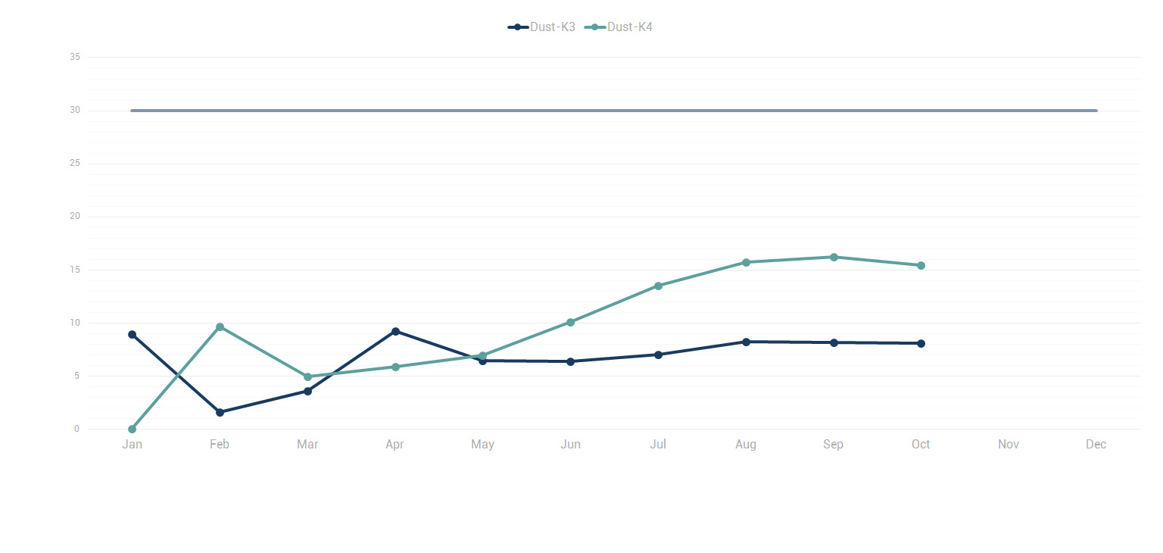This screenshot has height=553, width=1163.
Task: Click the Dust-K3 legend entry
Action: coord(541,27)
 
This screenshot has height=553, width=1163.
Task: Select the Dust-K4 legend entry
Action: coord(619,27)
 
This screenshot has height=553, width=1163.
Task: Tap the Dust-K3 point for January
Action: coord(133,335)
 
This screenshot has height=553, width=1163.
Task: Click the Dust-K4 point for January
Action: coord(133,430)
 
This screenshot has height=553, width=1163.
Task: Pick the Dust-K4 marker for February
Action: coord(220,327)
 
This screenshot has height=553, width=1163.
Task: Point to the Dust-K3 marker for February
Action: coord(220,413)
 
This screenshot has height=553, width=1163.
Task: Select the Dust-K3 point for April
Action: coord(395,331)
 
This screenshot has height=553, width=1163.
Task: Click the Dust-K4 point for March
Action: coord(307,377)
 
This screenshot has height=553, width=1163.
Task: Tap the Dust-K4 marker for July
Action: coord(658,286)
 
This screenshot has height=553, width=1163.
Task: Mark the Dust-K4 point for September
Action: coord(834,257)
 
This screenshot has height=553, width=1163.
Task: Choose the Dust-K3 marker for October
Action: coord(921,343)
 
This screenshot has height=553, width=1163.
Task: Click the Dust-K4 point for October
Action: coord(921,265)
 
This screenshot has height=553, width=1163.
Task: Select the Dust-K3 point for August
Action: coord(746,342)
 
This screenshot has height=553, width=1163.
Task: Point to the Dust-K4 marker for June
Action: coord(570,322)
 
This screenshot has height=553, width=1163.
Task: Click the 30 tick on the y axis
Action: coord(75,111)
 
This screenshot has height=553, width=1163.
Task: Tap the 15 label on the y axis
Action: coord(75,270)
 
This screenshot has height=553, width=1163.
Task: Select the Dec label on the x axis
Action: coord(1096,445)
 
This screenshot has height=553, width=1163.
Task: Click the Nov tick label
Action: coord(1008,445)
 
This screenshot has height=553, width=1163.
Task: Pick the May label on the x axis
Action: coord(482,445)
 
